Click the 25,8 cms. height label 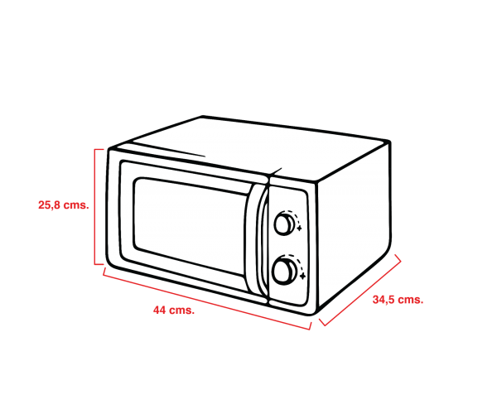coord(64,205)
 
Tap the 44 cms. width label coord(174,310)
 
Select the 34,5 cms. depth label coord(398,300)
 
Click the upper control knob coord(284,224)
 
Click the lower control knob coord(284,271)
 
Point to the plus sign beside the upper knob coord(299,228)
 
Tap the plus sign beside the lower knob coord(302,277)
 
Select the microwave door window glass coord(191,227)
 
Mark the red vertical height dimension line coord(94,206)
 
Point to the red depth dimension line coord(360,290)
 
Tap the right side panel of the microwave coord(354,227)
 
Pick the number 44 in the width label coord(159,310)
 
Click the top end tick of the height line coord(99,149)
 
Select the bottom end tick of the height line coord(99,264)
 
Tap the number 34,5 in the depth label coord(384,300)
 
